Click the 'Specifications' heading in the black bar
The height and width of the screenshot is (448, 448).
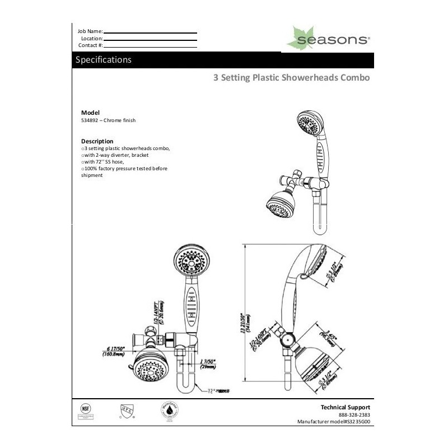tap(104, 59)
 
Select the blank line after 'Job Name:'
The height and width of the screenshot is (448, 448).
tap(151, 32)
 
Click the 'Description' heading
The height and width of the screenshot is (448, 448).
tap(97, 141)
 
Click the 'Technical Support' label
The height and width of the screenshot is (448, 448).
tap(345, 408)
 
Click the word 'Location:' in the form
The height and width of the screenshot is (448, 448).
tap(92, 38)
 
